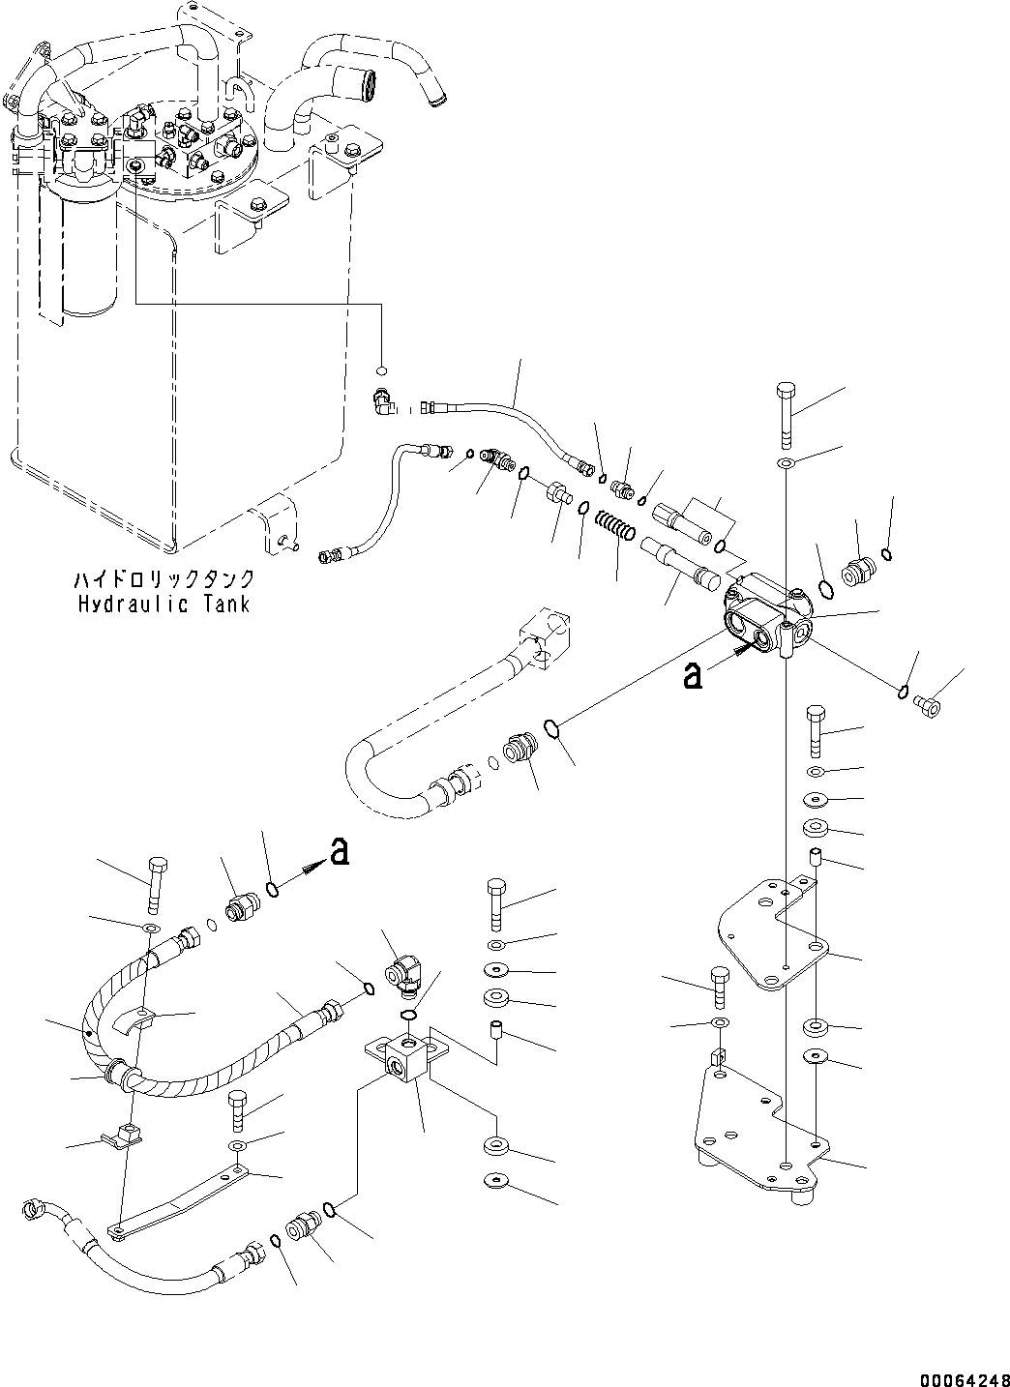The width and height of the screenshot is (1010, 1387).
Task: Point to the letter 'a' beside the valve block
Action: [x=692, y=676]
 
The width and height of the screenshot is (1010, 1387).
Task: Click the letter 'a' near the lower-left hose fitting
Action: [x=338, y=851]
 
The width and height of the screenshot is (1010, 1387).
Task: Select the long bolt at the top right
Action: [x=786, y=413]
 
